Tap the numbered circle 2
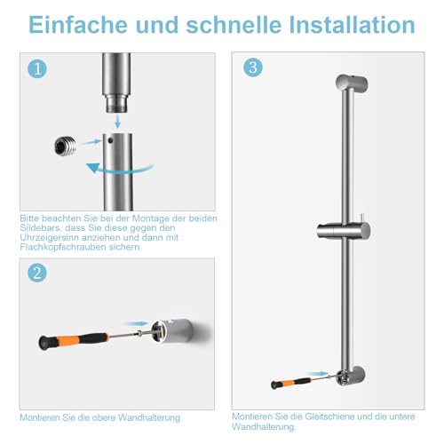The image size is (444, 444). click(36, 274)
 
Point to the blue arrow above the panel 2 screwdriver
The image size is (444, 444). click(139, 325)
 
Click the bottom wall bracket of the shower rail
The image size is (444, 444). click(349, 372)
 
